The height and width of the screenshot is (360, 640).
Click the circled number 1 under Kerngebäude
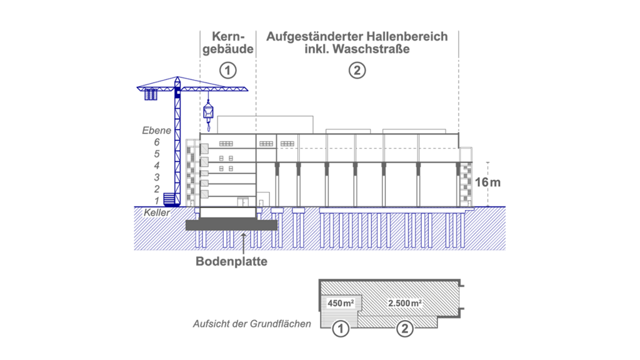[227, 70]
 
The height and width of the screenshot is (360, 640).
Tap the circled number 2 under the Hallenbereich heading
[357, 70]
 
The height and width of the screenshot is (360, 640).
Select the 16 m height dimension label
[487, 182]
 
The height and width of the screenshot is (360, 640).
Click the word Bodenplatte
[231, 261]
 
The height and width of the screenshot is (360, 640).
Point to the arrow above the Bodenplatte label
[243, 244]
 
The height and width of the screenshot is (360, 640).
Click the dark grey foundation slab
[231, 225]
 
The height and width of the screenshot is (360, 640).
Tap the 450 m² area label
[341, 303]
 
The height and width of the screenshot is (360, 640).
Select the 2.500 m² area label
[404, 303]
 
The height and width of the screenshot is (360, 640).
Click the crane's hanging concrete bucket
[208, 111]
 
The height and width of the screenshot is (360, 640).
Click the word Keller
[157, 212]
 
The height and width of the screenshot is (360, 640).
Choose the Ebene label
[156, 131]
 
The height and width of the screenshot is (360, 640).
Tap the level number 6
[157, 142]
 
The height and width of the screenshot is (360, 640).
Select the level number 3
[157, 177]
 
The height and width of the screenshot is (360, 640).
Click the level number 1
[157, 201]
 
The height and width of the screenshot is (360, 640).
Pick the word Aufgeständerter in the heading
[315, 37]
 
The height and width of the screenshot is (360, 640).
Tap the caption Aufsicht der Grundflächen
[252, 324]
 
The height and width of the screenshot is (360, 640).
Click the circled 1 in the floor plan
[341, 329]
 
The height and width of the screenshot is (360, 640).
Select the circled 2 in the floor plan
[404, 329]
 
